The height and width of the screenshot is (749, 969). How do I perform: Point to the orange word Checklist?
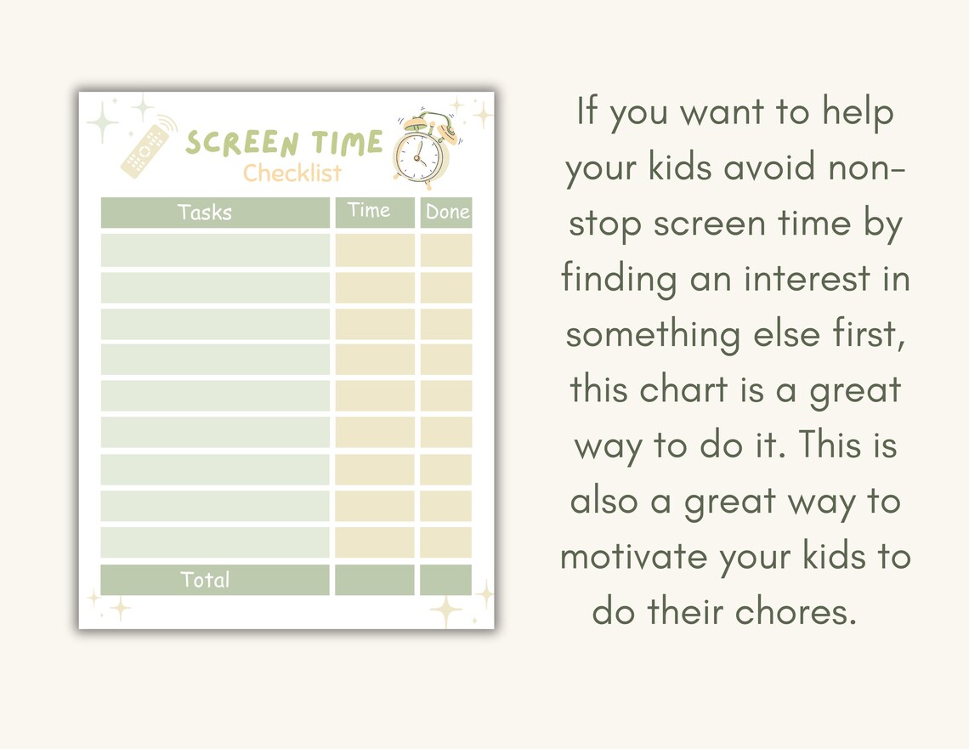click(292, 173)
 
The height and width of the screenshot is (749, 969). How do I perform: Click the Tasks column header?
click(205, 213)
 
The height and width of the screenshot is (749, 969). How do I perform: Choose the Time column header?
click(369, 211)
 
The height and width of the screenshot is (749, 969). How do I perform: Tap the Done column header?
click(446, 213)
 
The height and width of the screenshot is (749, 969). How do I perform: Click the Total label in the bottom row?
click(205, 581)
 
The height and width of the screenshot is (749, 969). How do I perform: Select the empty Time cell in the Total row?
click(375, 580)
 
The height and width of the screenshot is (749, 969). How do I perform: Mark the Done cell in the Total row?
click(446, 580)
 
